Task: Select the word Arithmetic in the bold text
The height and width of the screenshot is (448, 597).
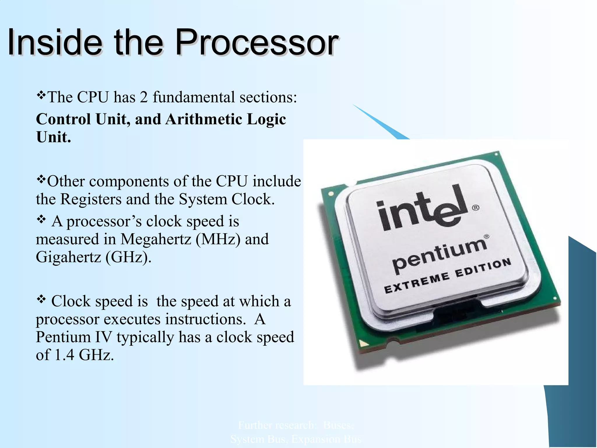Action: (x=204, y=119)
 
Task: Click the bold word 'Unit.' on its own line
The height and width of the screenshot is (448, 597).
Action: (x=53, y=137)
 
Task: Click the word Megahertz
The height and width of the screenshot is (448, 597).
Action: (x=156, y=239)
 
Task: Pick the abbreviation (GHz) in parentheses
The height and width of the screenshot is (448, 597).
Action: (x=128, y=257)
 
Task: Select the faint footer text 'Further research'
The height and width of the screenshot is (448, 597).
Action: (x=277, y=425)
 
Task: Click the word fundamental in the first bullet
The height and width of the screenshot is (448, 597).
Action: (x=194, y=97)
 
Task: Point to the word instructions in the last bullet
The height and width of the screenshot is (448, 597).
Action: (x=204, y=319)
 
